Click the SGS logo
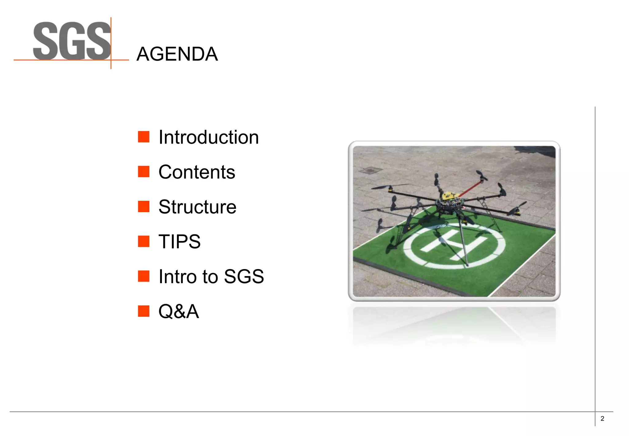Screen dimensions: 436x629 (72, 42)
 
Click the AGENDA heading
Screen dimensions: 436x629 (177, 54)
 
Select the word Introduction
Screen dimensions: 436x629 (209, 137)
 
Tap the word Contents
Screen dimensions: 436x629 (197, 172)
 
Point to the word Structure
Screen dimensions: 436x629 (197, 207)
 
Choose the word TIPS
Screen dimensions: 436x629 (179, 241)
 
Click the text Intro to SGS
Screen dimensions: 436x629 (211, 276)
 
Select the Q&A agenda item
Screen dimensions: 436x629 (178, 311)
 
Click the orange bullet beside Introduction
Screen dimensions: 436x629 (143, 137)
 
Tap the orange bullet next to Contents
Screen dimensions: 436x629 (143, 172)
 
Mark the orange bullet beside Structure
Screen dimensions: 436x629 (143, 207)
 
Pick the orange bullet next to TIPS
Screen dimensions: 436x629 (143, 241)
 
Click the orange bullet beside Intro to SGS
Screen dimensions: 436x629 (143, 276)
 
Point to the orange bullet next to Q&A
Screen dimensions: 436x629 (143, 311)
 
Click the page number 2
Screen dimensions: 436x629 (602, 418)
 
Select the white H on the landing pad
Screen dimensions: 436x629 (454, 243)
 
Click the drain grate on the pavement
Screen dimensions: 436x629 (371, 170)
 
